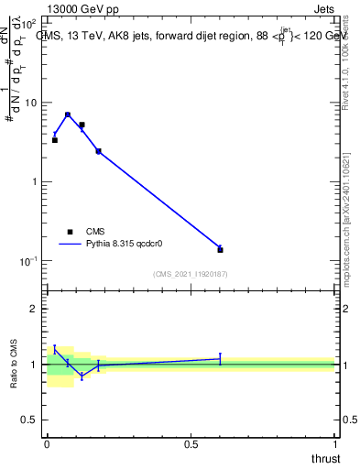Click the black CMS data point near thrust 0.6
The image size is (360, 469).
pos(220,249)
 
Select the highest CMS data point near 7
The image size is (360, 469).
pos(68,115)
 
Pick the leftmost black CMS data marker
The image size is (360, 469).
pos(54,140)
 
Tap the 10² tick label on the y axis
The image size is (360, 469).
pos(29,22)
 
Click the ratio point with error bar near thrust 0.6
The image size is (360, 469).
pos(220,359)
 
